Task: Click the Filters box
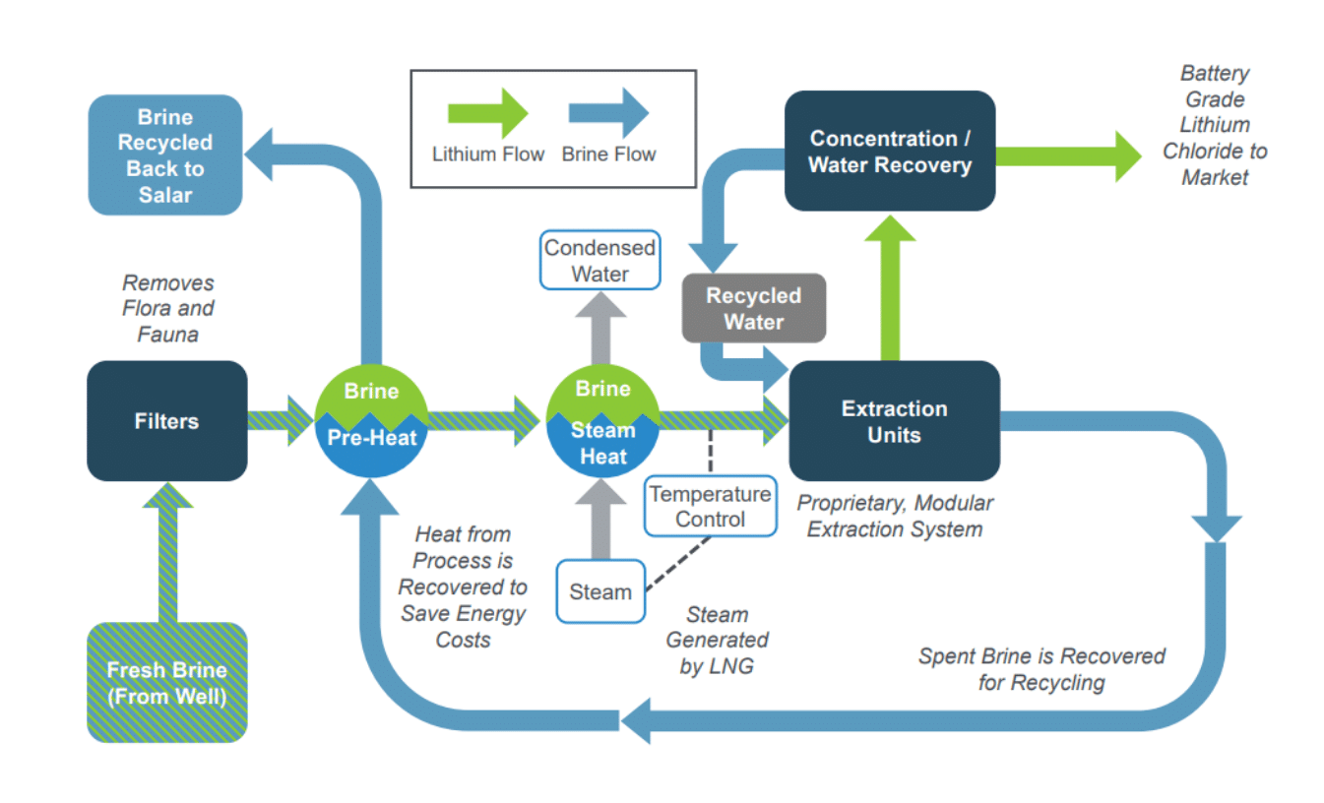coord(166,421)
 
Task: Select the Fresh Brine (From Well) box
coord(166,683)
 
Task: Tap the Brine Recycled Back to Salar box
coord(165,155)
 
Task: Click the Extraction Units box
coord(894,421)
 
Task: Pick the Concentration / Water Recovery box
coord(889,152)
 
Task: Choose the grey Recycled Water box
coord(753,309)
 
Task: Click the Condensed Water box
coord(599,261)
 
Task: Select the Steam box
coord(599,592)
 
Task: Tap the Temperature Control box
coord(710,507)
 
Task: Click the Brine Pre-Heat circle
coord(371,420)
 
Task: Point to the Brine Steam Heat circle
coord(602,420)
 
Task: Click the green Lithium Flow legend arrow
coord(488,113)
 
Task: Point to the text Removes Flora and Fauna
coord(167,309)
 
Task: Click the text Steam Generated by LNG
coord(717,641)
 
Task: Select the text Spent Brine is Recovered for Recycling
coord(1041,669)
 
